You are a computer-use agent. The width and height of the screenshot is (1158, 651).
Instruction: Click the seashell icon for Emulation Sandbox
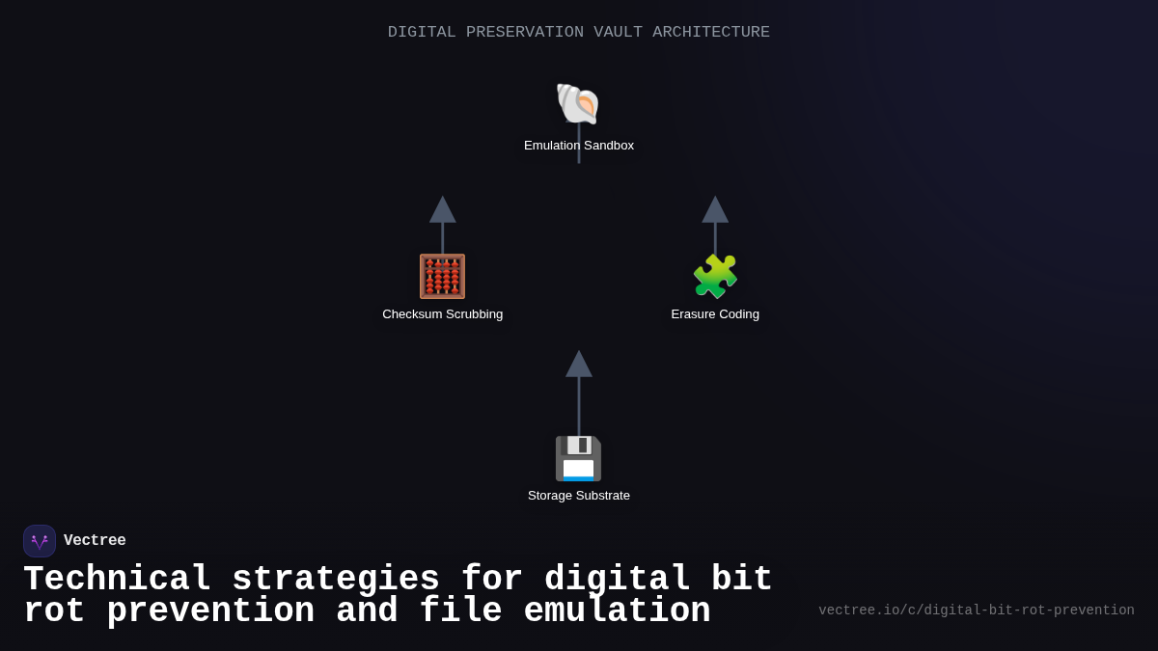tap(578, 104)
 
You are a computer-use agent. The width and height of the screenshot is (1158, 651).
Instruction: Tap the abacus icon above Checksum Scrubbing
tap(442, 277)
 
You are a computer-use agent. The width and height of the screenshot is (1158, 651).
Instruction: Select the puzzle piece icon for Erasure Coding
tap(715, 277)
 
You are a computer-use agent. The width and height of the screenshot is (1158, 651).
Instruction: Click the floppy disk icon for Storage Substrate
tap(578, 458)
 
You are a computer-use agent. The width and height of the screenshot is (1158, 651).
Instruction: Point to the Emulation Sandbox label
tap(579, 146)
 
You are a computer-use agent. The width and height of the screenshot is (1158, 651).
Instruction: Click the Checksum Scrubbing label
tap(442, 314)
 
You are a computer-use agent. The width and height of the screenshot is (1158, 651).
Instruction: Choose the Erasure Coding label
tap(715, 314)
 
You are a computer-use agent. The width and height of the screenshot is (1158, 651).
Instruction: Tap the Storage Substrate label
tap(579, 496)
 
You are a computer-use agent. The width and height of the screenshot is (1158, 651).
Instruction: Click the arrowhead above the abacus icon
tap(443, 210)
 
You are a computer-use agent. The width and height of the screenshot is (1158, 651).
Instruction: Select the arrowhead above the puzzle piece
tap(715, 210)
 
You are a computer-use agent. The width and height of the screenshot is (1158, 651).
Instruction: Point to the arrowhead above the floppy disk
tap(579, 365)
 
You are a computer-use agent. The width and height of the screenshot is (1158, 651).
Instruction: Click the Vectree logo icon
tap(40, 541)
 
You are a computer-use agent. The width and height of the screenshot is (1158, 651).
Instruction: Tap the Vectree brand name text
tap(95, 541)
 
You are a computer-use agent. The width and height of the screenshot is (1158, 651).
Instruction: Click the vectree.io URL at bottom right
tap(976, 610)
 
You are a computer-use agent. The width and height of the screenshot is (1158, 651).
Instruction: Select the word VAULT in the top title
tap(618, 33)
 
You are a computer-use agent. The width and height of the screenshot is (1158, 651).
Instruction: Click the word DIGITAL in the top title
tap(422, 33)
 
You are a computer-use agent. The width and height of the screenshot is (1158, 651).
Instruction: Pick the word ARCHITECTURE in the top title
tap(711, 33)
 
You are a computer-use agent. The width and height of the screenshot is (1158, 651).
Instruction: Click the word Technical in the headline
tap(117, 580)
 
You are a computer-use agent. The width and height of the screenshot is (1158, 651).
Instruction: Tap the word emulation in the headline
tap(617, 611)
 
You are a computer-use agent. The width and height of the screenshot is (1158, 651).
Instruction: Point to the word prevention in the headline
tap(210, 611)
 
